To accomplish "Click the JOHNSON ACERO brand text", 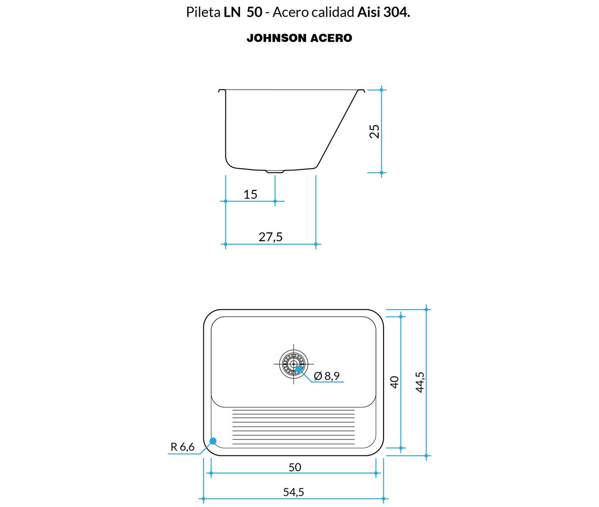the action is pyautogui.click(x=299, y=38).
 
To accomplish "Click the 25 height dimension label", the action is pyautogui.click(x=375, y=131).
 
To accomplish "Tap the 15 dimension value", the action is pyautogui.click(x=250, y=194).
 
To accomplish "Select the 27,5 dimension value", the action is pyautogui.click(x=270, y=237).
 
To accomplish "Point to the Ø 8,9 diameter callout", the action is pyautogui.click(x=327, y=376).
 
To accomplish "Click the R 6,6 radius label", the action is pyautogui.click(x=183, y=447).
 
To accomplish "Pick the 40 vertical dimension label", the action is pyautogui.click(x=394, y=382).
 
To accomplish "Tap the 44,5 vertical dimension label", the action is pyautogui.click(x=420, y=382).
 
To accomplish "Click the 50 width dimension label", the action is pyautogui.click(x=295, y=467).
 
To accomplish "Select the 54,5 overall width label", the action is pyautogui.click(x=293, y=492).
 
